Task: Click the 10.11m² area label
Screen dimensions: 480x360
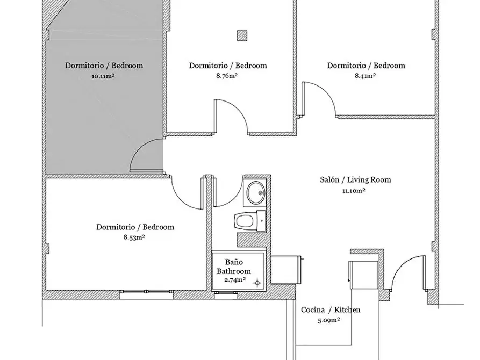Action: (103, 76)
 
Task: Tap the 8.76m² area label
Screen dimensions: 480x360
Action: (227, 76)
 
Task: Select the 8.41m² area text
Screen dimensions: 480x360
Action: (365, 76)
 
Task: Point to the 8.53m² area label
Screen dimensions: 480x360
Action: (134, 237)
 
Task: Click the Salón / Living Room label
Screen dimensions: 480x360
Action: (355, 179)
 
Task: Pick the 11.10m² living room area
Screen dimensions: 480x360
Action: (354, 191)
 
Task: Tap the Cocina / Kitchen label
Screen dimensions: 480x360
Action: (331, 310)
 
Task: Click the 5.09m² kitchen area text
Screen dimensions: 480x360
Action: (329, 321)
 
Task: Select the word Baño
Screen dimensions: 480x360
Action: (234, 262)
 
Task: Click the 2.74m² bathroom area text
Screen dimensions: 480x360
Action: (235, 280)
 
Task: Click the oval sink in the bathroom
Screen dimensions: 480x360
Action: (256, 192)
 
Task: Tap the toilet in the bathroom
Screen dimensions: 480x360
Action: (250, 221)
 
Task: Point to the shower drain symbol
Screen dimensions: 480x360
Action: (257, 283)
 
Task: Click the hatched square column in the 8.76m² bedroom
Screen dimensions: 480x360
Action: (242, 35)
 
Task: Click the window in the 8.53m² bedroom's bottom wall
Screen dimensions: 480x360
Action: (147, 292)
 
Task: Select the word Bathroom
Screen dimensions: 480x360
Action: (234, 271)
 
